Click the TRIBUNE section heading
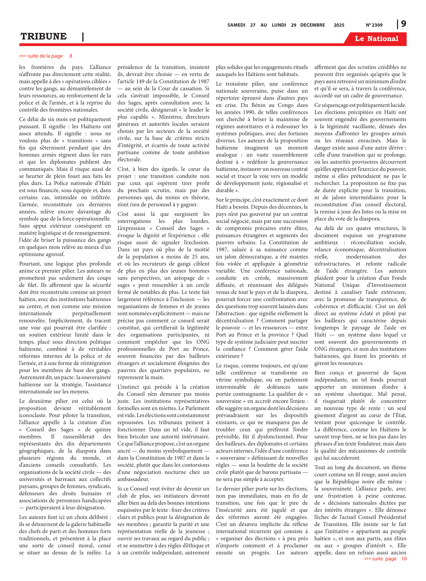[x=44, y=36]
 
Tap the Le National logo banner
[x=376, y=39]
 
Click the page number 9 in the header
[x=403, y=24]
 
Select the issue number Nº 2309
[x=374, y=25]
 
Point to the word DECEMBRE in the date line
[x=312, y=25]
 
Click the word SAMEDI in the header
[x=236, y=25]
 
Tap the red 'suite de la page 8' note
[x=46, y=56]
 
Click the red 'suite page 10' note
[x=385, y=559]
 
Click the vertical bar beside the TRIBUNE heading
[x=83, y=37]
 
